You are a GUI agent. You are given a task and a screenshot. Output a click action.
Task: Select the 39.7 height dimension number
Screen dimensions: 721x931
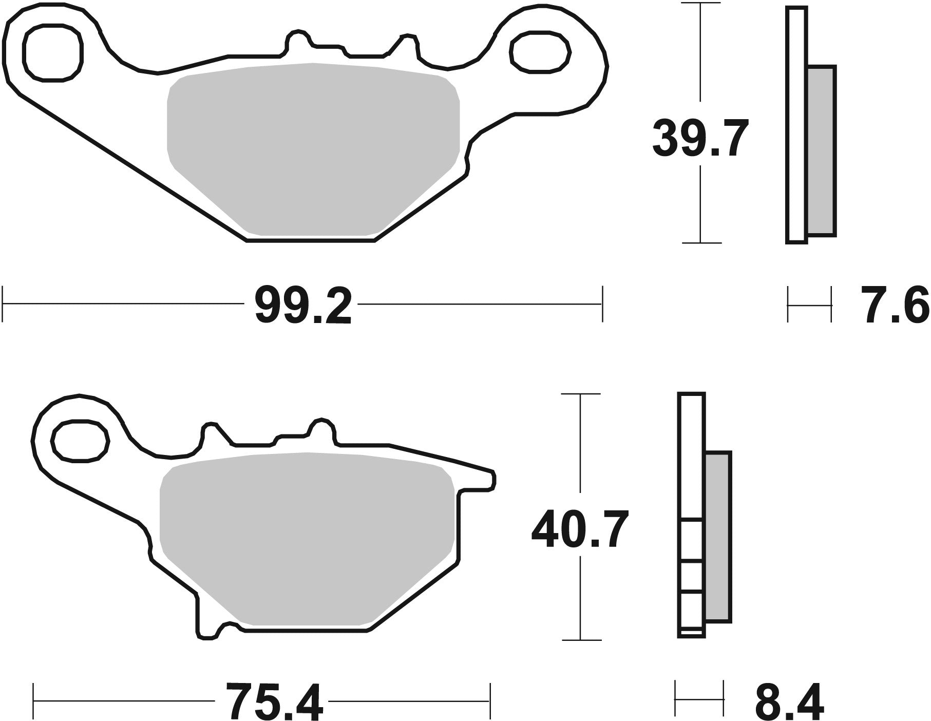coord(699,138)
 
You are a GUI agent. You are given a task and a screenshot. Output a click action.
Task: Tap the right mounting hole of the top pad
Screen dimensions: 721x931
coord(540,52)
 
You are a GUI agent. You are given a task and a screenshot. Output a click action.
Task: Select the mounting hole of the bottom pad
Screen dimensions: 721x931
coord(81,440)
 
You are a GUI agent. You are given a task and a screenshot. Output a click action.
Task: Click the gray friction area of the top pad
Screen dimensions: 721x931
coord(313,149)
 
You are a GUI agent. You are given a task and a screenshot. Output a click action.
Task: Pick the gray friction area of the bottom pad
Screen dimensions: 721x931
coord(307,537)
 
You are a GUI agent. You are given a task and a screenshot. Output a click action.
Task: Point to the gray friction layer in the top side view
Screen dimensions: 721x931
coord(821,150)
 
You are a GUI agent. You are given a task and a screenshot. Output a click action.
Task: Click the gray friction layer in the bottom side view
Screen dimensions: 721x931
coord(718,537)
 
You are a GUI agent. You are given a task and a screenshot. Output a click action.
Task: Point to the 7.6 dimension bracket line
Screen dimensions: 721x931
coord(809,305)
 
